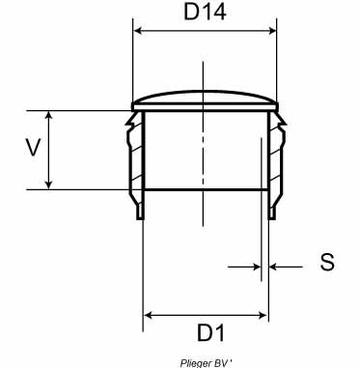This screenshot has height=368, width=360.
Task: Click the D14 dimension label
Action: pyautogui.click(x=205, y=12)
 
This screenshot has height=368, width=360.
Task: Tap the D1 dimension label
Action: pyautogui.click(x=211, y=332)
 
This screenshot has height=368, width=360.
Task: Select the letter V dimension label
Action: pyautogui.click(x=33, y=148)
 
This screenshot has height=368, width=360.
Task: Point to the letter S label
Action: pyautogui.click(x=327, y=262)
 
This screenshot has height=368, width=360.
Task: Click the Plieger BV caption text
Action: pyautogui.click(x=206, y=363)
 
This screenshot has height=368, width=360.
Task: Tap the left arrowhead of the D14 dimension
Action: pyautogui.click(x=138, y=31)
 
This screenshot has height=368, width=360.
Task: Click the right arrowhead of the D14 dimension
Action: pyautogui.click(x=272, y=31)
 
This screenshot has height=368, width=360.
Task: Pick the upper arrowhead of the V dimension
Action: pyautogui.click(x=48, y=116)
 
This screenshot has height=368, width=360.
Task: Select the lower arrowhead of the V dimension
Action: pyautogui.click(x=48, y=184)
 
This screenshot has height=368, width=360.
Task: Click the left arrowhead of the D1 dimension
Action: pyautogui.click(x=148, y=315)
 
